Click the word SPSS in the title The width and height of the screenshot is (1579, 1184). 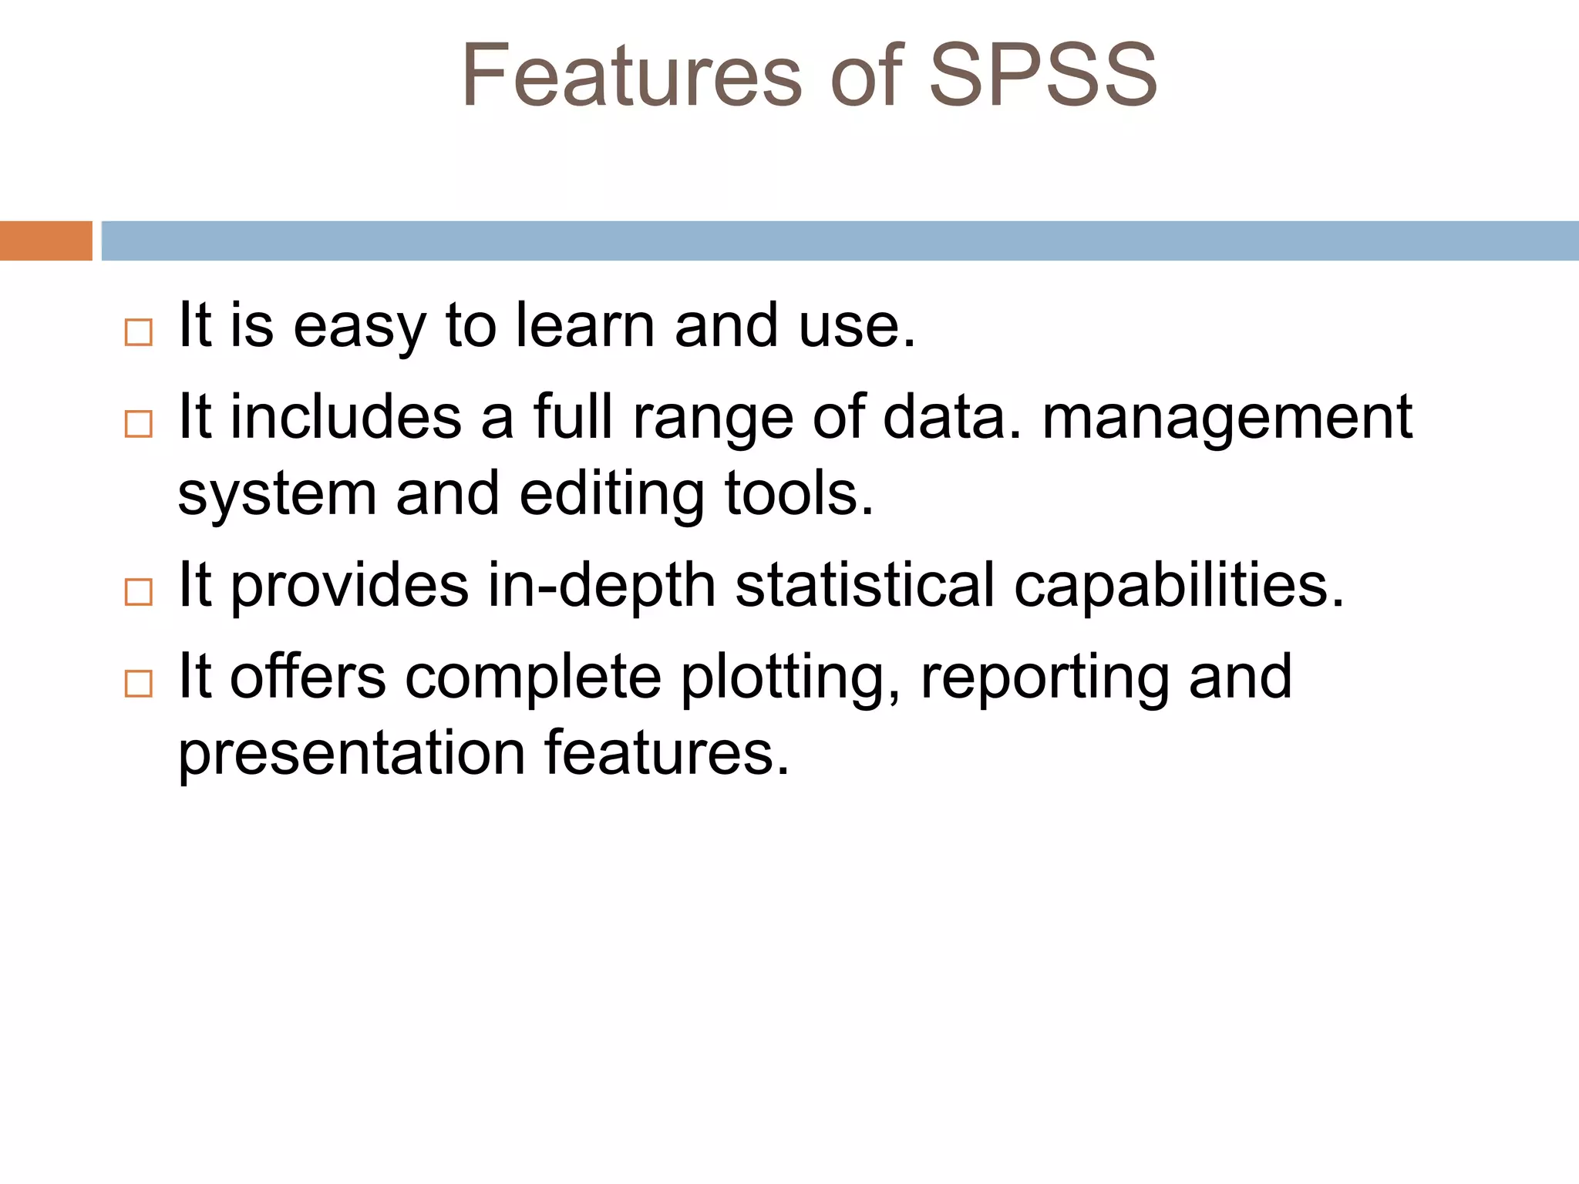click(x=1042, y=76)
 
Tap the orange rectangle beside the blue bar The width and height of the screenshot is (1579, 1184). click(x=45, y=240)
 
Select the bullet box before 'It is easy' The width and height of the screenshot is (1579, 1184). click(x=139, y=332)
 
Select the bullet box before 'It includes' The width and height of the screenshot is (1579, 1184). click(x=139, y=424)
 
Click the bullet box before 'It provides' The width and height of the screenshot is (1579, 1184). click(x=139, y=592)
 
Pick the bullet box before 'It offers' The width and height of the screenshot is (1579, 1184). click(x=139, y=683)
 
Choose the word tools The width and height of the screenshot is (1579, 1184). click(x=799, y=493)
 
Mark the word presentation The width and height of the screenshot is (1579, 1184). click(x=352, y=754)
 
